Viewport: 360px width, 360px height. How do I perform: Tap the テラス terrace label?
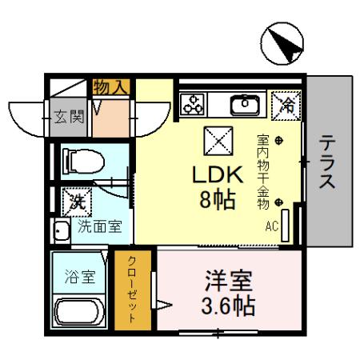[328, 162]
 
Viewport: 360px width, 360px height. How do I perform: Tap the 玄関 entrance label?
[68, 118]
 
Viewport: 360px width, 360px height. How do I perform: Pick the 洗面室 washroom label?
[99, 226]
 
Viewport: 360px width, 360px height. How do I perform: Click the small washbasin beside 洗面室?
[62, 231]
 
